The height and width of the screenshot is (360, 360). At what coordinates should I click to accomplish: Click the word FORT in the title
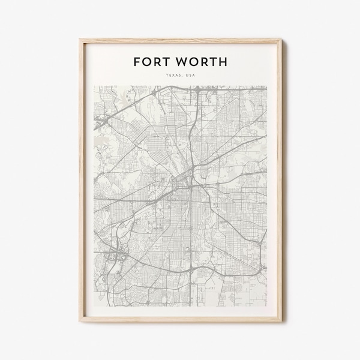point(152,62)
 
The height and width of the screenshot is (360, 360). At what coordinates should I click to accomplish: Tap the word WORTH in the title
point(201,62)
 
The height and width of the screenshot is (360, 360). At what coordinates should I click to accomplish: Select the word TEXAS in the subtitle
point(174,76)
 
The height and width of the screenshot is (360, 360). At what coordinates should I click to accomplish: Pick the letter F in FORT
point(137,62)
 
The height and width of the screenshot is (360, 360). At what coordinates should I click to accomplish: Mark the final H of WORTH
point(223,62)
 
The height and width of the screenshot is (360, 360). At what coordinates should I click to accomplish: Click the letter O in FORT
point(146,62)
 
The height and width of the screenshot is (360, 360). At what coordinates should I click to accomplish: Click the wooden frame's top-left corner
point(80,40)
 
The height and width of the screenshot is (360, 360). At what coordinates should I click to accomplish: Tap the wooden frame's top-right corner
point(281,40)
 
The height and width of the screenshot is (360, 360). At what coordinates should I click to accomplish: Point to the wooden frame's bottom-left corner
point(80,321)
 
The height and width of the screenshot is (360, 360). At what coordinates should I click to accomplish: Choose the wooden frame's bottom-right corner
point(281,321)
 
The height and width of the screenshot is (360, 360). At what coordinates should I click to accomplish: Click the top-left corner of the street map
point(94,85)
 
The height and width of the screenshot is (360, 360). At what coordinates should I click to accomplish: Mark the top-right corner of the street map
point(267,85)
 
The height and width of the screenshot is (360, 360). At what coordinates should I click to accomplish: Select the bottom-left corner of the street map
point(94,299)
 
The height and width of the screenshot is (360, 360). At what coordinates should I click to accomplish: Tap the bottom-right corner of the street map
point(267,299)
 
